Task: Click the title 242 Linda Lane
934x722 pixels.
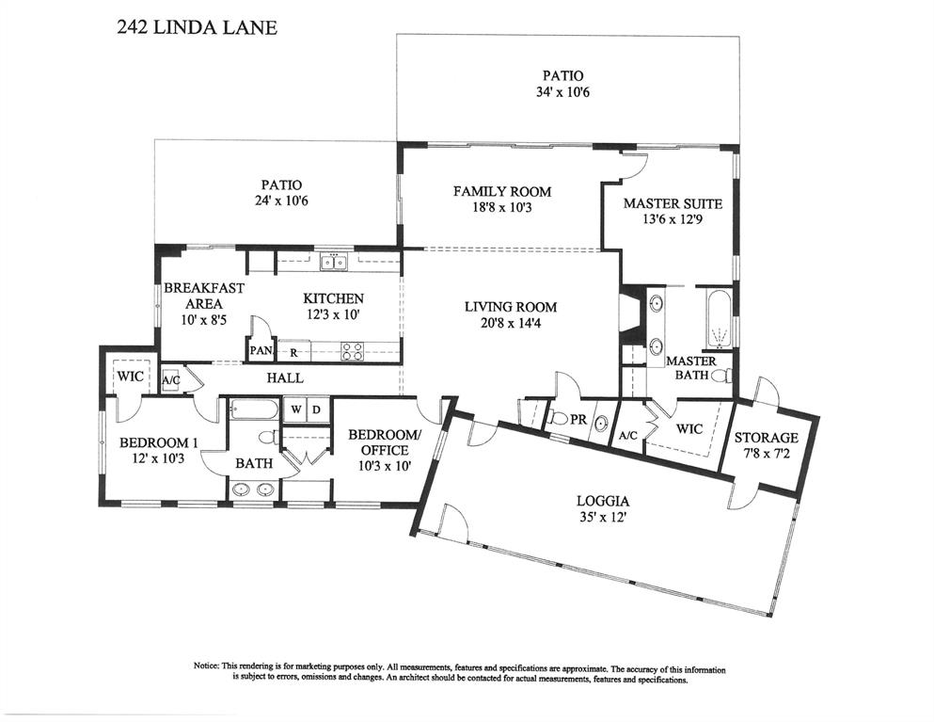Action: (198, 27)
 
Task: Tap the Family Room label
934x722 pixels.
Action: (502, 191)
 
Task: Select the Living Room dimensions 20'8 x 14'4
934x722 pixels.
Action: (511, 324)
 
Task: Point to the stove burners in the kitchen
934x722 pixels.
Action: (352, 351)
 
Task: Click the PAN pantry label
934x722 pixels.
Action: (261, 350)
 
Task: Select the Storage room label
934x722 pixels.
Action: (766, 438)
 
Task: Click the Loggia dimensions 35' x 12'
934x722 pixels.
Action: (603, 518)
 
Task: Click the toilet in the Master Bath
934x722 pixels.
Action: (721, 376)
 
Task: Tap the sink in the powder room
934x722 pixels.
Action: (602, 424)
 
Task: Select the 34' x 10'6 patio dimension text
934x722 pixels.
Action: (562, 92)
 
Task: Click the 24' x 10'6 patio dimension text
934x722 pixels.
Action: (281, 201)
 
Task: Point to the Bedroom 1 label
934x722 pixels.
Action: (158, 442)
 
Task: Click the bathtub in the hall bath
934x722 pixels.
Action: (254, 410)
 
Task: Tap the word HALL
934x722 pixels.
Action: (285, 378)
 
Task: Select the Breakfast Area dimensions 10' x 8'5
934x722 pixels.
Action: (204, 319)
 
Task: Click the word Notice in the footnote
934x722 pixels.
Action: (206, 666)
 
